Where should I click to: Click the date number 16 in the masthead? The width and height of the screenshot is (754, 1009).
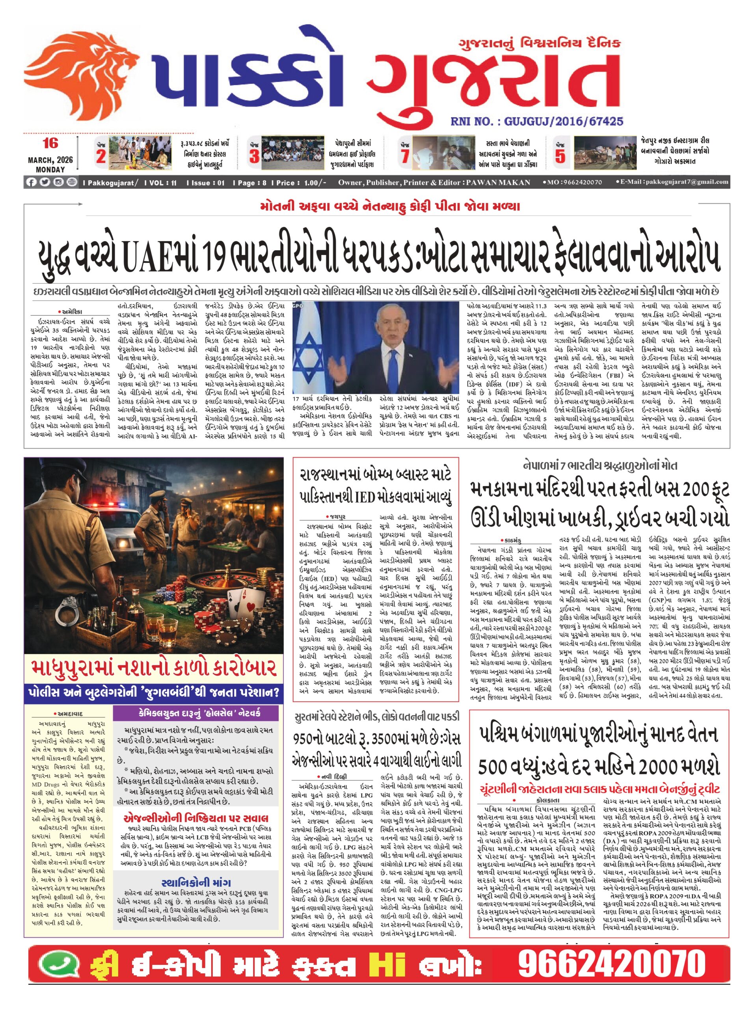50,144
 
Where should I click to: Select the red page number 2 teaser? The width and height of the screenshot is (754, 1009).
101,156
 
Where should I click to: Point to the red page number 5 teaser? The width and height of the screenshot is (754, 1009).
560,156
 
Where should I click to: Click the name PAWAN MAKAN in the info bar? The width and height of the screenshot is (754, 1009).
498,182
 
